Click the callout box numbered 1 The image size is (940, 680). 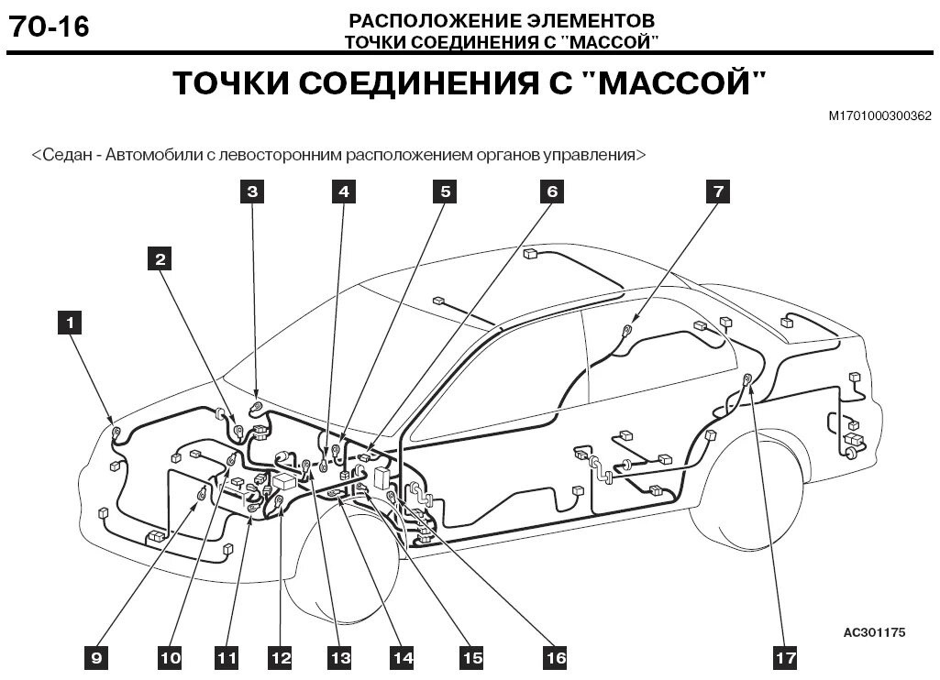click(69, 322)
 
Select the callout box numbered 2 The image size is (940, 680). click(160, 258)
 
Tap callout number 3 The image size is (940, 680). click(251, 191)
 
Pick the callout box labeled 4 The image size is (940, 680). click(343, 191)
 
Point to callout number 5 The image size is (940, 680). click(445, 191)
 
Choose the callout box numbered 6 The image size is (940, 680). click(551, 191)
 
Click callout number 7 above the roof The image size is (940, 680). click(718, 191)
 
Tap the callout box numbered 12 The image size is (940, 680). click(280, 656)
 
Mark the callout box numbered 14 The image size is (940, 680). click(402, 656)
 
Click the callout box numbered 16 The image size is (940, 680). click(555, 656)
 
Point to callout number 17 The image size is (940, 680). click(785, 656)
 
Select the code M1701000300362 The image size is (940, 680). click(879, 116)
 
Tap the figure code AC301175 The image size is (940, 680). click(874, 632)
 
